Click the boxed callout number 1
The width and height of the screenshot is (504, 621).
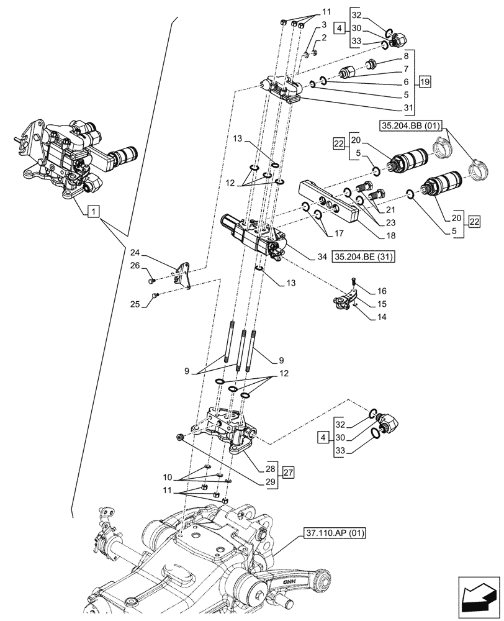click(x=92, y=212)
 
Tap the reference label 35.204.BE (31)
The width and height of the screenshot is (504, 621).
click(x=365, y=255)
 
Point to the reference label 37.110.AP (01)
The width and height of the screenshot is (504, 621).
click(x=335, y=533)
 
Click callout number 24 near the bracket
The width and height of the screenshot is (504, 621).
click(x=136, y=253)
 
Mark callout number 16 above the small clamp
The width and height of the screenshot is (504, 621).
click(x=380, y=290)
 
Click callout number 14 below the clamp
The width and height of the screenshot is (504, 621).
click(x=380, y=317)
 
